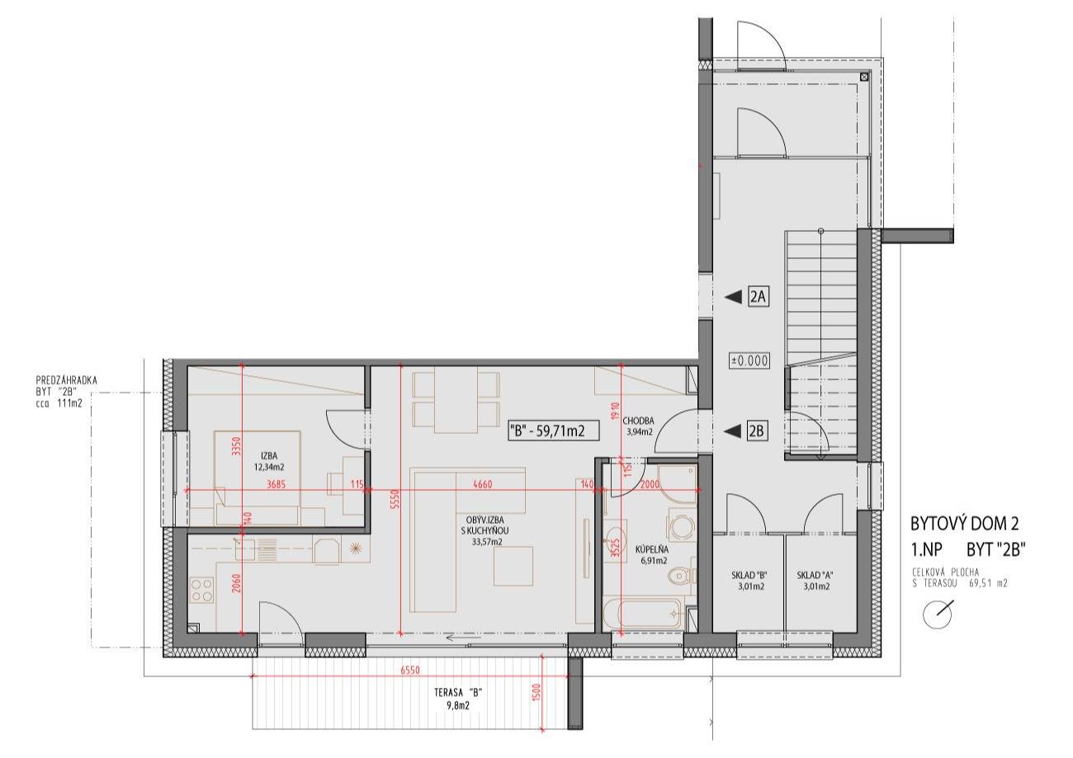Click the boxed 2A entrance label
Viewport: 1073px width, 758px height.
click(x=759, y=297)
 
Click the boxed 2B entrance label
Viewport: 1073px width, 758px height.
click(x=756, y=431)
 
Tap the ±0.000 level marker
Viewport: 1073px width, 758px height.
click(x=749, y=360)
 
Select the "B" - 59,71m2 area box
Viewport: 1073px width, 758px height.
click(x=553, y=431)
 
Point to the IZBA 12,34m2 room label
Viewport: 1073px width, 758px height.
click(x=269, y=461)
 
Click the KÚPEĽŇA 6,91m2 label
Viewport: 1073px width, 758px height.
click(x=652, y=555)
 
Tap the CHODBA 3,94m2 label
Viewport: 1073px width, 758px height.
click(x=638, y=426)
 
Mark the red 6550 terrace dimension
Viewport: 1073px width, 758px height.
click(x=410, y=671)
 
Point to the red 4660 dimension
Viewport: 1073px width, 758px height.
click(x=482, y=484)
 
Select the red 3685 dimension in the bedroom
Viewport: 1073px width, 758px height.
click(x=276, y=484)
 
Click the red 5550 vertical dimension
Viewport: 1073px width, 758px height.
click(x=395, y=499)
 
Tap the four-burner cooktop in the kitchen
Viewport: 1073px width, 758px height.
click(x=201, y=590)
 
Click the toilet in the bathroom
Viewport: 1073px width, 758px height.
click(x=682, y=577)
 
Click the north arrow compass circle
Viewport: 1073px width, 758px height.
click(x=937, y=615)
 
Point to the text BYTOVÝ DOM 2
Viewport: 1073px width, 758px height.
click(x=964, y=524)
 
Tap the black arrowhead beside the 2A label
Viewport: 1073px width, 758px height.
click(x=732, y=297)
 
